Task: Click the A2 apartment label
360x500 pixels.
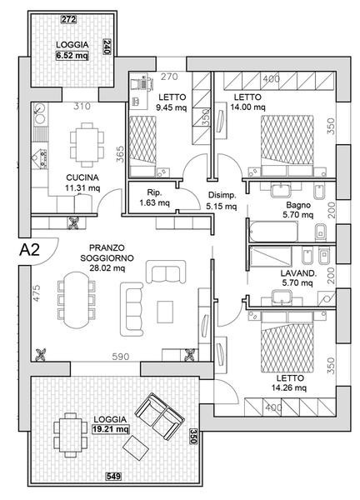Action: (x=29, y=250)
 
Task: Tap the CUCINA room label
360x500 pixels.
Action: (x=82, y=177)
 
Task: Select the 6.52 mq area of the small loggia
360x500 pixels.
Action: (x=72, y=56)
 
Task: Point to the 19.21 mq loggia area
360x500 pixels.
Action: (x=111, y=429)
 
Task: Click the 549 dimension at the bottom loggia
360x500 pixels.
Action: (x=113, y=477)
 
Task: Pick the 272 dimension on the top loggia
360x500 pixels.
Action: (x=69, y=19)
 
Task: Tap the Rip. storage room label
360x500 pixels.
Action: (x=155, y=192)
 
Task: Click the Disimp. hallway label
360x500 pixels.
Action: (x=222, y=195)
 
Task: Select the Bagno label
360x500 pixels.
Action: (x=298, y=205)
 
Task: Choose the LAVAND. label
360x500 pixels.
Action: (x=298, y=273)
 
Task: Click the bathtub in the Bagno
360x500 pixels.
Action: (x=274, y=231)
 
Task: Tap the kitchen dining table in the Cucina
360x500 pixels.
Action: (x=87, y=145)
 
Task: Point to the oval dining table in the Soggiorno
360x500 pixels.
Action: (x=77, y=300)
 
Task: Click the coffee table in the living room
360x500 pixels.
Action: (x=165, y=312)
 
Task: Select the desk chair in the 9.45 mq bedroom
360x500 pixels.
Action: (x=142, y=83)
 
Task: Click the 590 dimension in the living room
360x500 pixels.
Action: (x=121, y=357)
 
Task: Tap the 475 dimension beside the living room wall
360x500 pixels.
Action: (x=37, y=293)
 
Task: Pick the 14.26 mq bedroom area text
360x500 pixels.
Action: (x=289, y=388)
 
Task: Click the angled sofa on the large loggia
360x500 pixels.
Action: (x=158, y=417)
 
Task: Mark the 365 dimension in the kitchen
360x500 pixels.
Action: (x=120, y=154)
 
